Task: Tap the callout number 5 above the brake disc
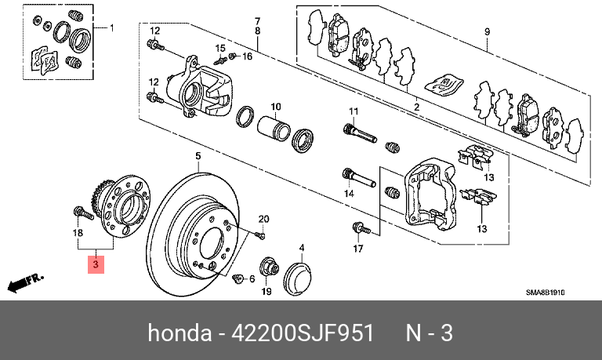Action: coord(198,156)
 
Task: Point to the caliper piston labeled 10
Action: coord(274,126)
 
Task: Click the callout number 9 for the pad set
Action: coord(487,32)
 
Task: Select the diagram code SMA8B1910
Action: coord(546,293)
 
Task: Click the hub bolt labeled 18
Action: coord(79,212)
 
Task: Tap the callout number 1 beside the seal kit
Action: coord(111,29)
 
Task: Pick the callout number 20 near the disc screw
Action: coord(263,219)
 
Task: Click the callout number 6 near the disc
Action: coord(252,278)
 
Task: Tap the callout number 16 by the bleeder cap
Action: coord(248,56)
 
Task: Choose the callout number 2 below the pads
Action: coord(416,107)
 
